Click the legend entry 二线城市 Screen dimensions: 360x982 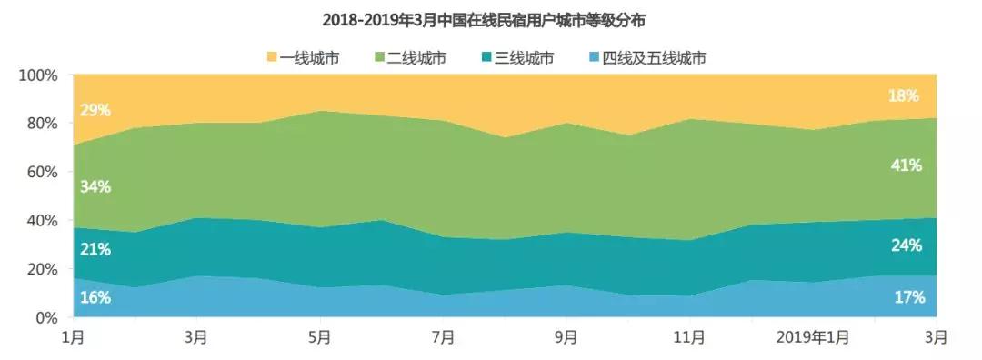(416, 59)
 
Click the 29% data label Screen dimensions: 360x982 (95, 110)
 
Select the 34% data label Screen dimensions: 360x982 (95, 187)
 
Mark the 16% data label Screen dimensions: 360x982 (95, 297)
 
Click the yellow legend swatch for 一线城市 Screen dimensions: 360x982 (272, 59)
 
